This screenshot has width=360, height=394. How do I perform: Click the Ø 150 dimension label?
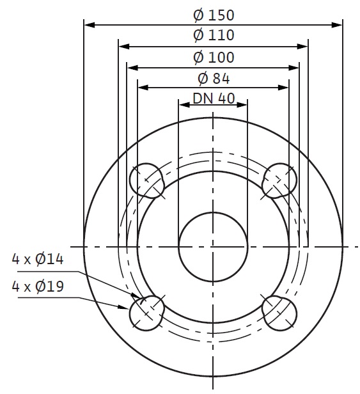pos(214,15)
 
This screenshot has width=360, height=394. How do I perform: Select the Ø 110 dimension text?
pos(214,35)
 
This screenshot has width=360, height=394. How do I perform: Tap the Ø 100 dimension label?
pos(214,58)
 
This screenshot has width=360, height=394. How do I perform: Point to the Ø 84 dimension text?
pos(214,79)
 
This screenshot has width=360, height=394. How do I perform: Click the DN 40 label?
pos(214,98)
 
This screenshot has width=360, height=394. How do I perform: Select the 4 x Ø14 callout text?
pos(38,259)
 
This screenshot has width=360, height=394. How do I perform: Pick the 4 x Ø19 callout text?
pos(38,286)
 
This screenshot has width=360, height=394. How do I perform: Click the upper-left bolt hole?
pos(146,180)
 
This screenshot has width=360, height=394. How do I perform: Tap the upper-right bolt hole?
pos(279,180)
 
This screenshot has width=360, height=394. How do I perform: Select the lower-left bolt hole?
pos(146,313)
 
